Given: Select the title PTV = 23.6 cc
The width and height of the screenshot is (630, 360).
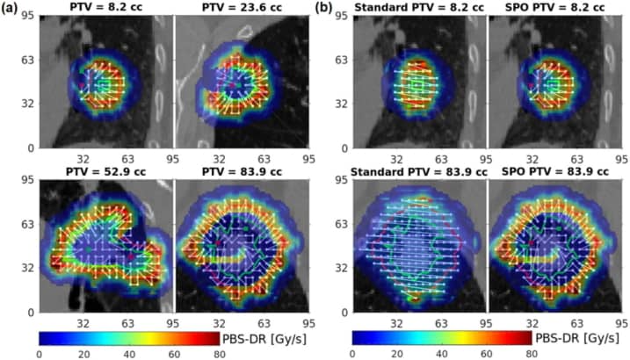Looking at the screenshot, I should point(243,9).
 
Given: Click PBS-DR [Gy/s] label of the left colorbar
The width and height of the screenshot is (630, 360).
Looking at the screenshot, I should point(258,336).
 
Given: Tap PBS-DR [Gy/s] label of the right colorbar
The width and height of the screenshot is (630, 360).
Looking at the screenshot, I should point(572,336).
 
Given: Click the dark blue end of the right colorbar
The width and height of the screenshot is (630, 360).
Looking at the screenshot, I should point(357,336).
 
